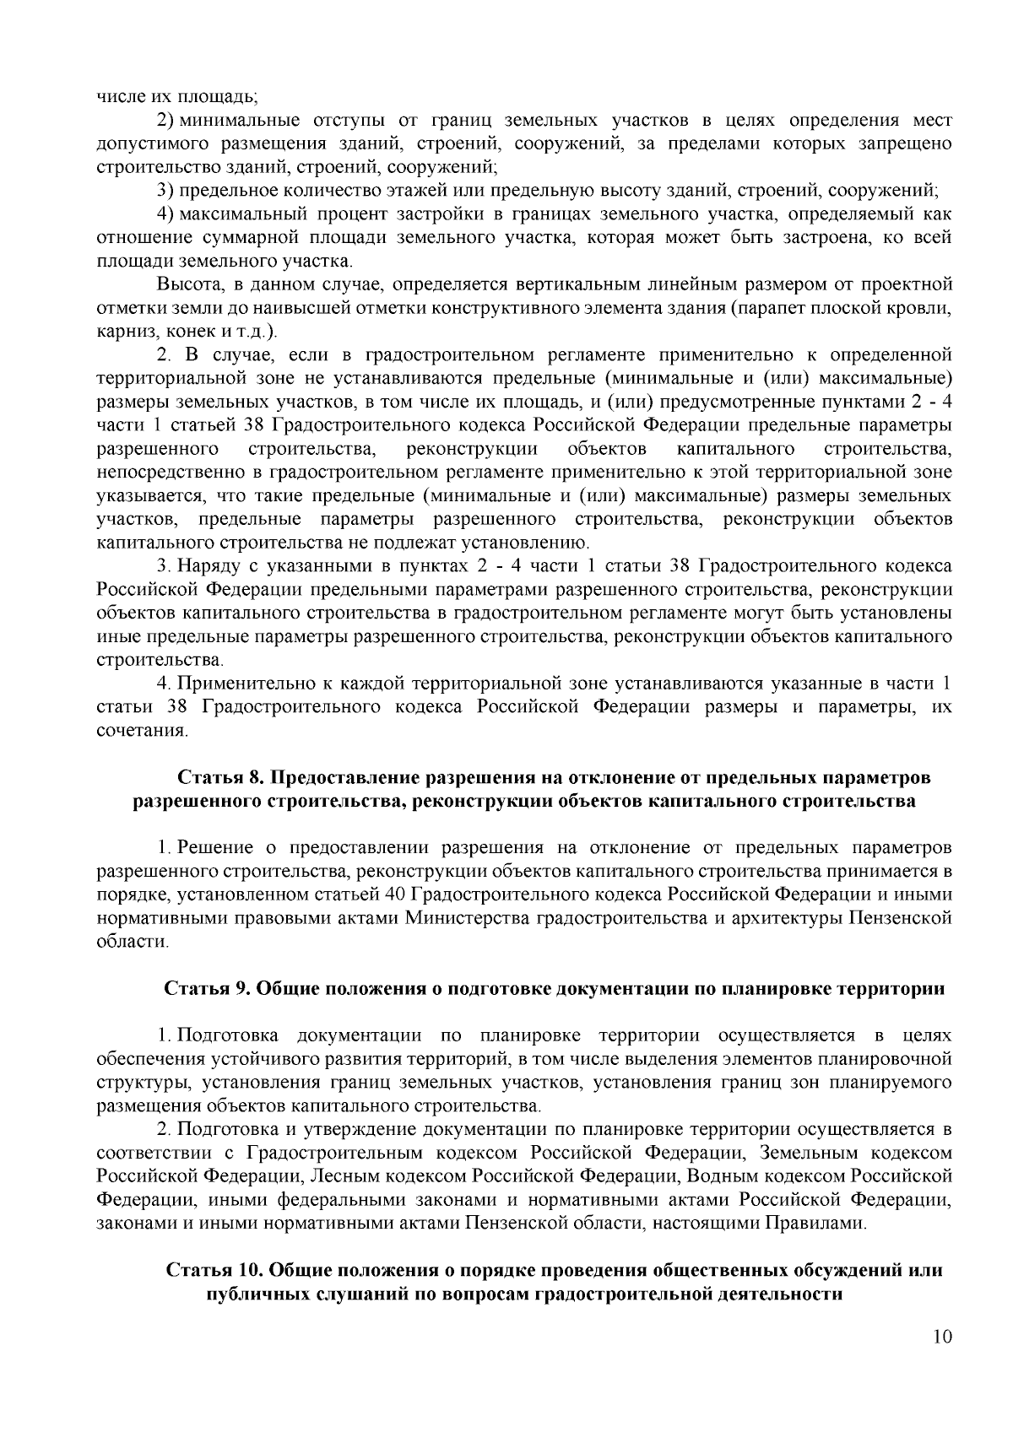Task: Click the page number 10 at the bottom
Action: click(x=943, y=1359)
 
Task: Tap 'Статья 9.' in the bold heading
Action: click(x=203, y=988)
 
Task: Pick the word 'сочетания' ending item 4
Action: click(x=138, y=729)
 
